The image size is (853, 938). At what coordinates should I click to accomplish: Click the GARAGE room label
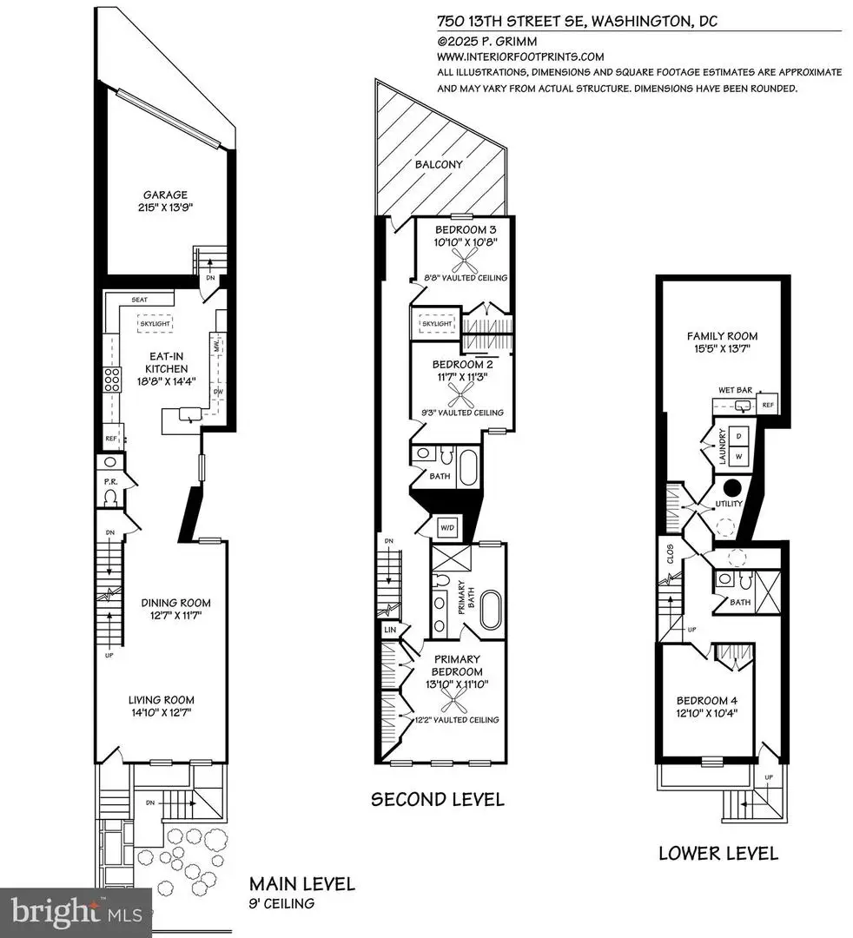pos(165,195)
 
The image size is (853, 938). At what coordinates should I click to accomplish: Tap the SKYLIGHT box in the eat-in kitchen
pos(154,323)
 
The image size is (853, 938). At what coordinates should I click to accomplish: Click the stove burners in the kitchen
pos(112,380)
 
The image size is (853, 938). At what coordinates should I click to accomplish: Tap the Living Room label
pos(162,699)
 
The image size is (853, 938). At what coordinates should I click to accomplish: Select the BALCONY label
pos(439,164)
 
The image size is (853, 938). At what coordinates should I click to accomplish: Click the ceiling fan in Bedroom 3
pos(461,257)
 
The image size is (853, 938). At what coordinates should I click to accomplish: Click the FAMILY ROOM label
pos(722,335)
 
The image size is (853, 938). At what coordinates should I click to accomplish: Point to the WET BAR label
pos(734,391)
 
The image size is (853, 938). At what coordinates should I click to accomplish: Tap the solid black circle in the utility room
pos(732,487)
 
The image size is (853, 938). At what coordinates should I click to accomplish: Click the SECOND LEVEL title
pos(438,799)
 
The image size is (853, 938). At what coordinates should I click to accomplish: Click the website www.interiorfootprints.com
pos(514,56)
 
